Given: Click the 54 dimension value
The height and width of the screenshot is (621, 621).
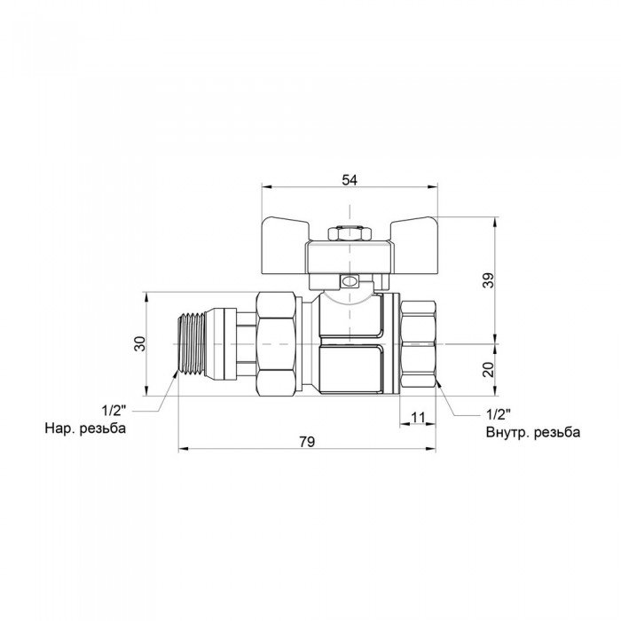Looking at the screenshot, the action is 350,180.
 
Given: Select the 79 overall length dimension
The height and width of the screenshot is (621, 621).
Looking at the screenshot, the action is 307,442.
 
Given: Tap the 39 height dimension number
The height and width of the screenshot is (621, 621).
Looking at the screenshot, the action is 489,280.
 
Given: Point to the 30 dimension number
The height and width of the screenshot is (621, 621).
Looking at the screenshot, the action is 140,343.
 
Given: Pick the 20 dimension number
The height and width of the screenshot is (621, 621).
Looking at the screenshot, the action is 489,370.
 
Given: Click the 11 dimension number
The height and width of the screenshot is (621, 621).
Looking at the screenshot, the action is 418,417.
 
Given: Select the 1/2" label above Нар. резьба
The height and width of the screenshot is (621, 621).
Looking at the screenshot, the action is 114,410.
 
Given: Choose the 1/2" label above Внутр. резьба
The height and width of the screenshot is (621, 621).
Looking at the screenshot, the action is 499,414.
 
